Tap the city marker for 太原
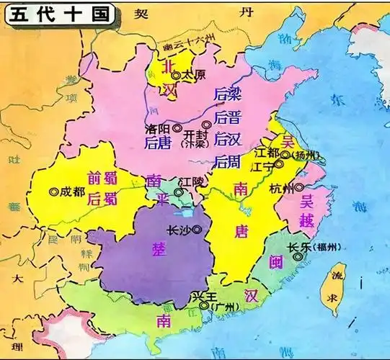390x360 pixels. (x=175, y=73)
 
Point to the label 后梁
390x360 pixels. (x=226, y=94)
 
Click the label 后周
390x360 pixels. (x=226, y=161)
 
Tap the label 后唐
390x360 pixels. (x=156, y=143)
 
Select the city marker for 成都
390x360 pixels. (x=53, y=192)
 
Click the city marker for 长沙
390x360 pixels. (x=197, y=230)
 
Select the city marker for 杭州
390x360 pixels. (x=298, y=189)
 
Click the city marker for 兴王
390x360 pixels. (x=204, y=305)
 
